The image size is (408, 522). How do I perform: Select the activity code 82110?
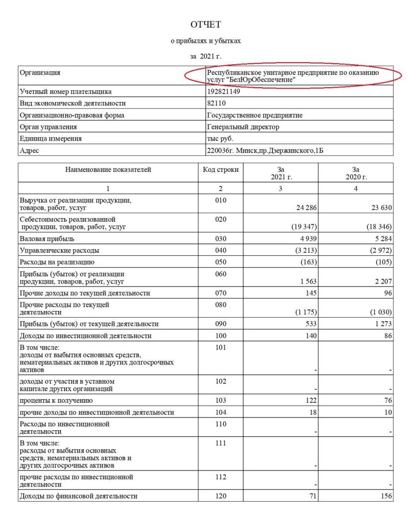(x=217, y=104)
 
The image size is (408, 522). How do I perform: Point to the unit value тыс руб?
(x=220, y=139)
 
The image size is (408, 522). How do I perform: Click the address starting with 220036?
(x=265, y=150)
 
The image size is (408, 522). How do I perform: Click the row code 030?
(x=220, y=239)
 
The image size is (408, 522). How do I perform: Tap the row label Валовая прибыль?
(x=47, y=239)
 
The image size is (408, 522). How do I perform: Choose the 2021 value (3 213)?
(x=307, y=250)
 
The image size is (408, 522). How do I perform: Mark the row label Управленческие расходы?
(x=59, y=250)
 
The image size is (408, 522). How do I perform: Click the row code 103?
(x=220, y=401)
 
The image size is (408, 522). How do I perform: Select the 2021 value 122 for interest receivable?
(x=312, y=401)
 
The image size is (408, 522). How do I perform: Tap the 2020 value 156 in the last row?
(x=386, y=495)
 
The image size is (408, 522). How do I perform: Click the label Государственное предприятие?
(x=254, y=115)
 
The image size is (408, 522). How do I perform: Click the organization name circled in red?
(x=293, y=76)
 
